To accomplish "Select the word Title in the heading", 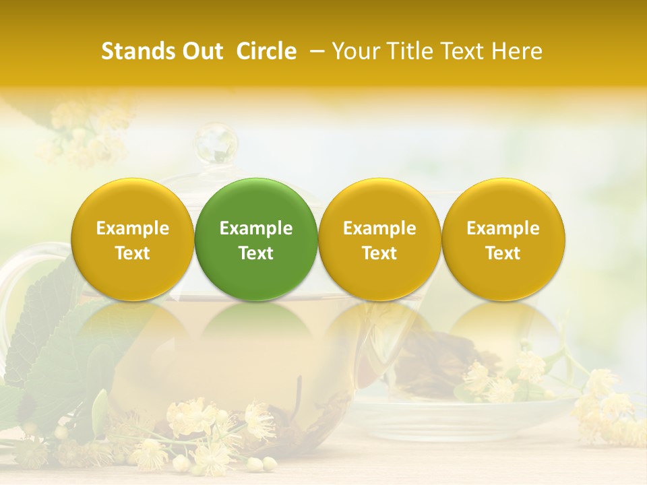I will [x=410, y=51].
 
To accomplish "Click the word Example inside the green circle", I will [x=256, y=228].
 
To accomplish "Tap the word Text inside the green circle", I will [x=256, y=253].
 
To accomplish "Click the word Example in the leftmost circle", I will [x=132, y=228].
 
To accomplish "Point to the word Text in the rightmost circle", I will [x=503, y=253].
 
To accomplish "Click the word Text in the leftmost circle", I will [x=132, y=253].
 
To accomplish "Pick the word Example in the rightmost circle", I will [x=503, y=228].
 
